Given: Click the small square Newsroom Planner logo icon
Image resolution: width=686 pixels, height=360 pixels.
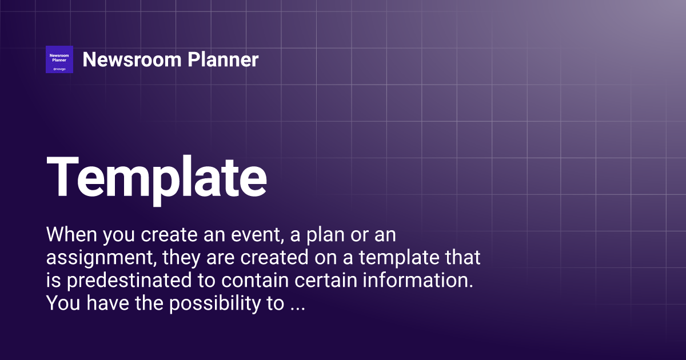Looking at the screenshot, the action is [x=59, y=59].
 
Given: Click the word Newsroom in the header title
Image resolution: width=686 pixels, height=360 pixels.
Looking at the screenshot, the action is [x=132, y=59].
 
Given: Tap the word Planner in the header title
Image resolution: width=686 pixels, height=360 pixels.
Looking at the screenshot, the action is [x=223, y=59].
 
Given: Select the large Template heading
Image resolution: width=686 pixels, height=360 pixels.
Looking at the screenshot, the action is [x=157, y=180].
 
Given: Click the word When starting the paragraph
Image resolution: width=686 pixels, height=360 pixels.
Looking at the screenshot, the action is [x=71, y=234].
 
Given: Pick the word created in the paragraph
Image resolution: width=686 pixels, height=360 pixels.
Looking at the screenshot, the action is [x=274, y=257].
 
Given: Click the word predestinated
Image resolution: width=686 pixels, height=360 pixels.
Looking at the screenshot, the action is [x=129, y=281].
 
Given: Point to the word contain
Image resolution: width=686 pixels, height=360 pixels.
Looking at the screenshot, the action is [x=255, y=280].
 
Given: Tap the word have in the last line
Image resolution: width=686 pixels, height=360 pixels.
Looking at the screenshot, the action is [x=107, y=303].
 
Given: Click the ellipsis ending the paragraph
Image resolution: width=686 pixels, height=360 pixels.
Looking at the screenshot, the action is [x=297, y=309].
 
